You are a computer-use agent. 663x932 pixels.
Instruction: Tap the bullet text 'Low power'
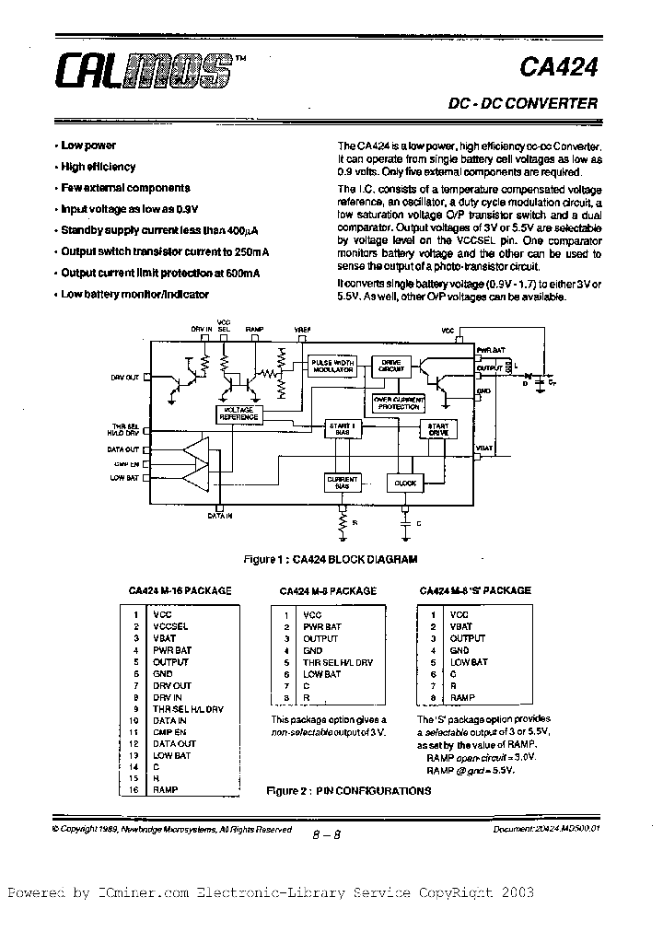88,146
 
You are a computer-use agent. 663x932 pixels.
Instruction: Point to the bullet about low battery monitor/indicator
135,295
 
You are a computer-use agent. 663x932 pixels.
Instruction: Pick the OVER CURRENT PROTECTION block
398,402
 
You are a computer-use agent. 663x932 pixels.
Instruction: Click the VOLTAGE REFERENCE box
238,414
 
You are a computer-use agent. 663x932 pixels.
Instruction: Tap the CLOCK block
405,483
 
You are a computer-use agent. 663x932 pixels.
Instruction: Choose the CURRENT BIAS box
342,483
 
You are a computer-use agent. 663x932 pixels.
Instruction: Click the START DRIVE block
438,429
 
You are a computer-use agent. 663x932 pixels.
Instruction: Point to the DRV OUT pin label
125,378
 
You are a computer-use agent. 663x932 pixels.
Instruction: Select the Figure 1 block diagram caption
329,559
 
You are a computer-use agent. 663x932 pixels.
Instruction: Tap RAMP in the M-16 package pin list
166,789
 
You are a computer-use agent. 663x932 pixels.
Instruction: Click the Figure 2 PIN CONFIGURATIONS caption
348,790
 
